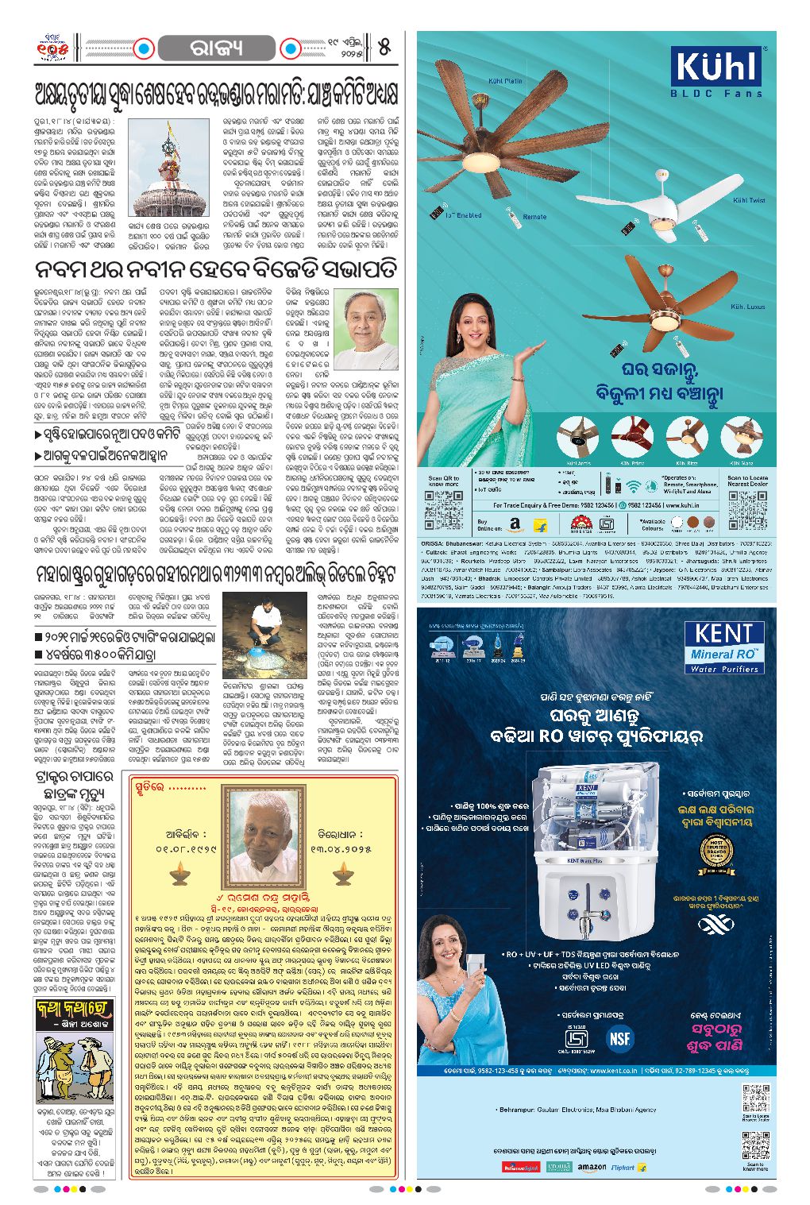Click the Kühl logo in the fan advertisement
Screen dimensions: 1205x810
(716, 67)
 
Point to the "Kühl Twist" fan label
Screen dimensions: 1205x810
(748, 200)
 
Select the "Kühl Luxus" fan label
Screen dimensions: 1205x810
(747, 307)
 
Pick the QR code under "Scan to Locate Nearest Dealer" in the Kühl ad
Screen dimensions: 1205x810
(747, 508)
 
